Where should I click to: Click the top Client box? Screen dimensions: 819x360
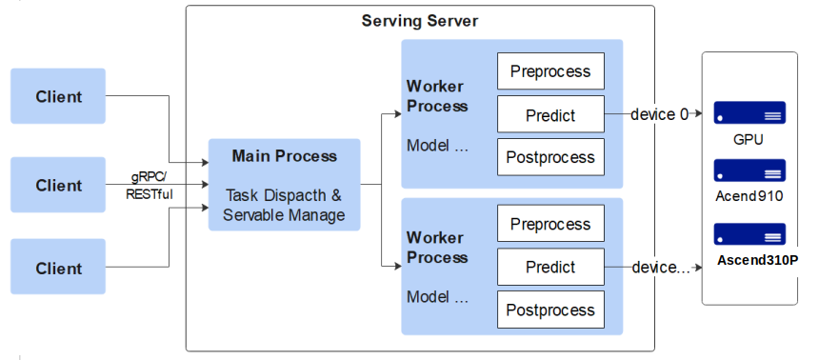58,96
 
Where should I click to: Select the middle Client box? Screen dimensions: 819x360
58,185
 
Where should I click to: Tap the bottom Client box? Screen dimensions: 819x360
58,267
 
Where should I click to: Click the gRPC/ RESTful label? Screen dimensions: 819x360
149,185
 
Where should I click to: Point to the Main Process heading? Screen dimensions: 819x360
285,155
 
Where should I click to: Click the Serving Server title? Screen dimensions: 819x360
419,21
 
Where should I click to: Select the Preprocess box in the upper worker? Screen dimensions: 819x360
550,71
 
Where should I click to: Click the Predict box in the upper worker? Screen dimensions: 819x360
550,114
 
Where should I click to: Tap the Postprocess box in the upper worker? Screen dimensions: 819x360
550,157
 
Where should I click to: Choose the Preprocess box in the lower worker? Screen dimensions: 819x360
550,223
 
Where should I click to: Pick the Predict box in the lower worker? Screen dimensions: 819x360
550,267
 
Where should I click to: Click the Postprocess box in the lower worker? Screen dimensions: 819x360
550,310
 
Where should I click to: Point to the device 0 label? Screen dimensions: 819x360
660,114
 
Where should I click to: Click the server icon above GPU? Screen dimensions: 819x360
749,112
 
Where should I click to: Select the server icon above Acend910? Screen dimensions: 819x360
749,170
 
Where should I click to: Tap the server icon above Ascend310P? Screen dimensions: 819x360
749,234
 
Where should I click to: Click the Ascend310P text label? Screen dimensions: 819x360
757,260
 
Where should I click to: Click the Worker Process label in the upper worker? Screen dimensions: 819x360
437,95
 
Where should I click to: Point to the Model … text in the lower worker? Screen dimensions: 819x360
438,297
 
